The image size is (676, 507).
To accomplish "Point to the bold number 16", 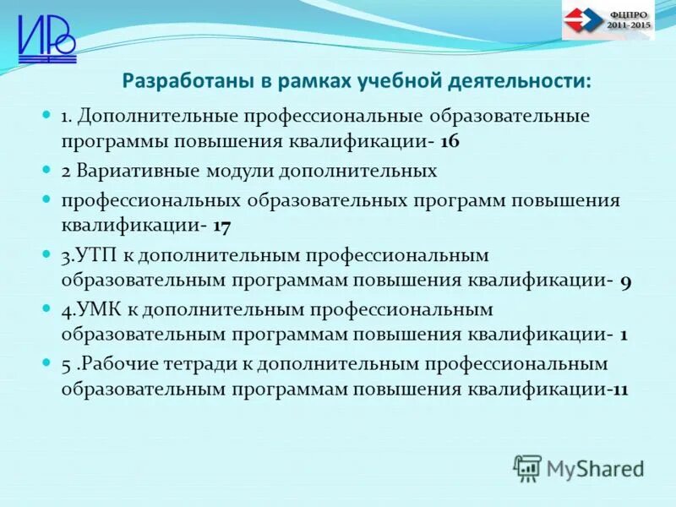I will pos(449,142).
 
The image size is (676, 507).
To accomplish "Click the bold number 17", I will pos(222,226).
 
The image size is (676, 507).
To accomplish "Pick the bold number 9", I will pos(625,281).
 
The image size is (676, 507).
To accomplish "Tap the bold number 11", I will pos(619,390).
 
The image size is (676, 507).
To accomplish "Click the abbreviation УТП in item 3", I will pos(94,254).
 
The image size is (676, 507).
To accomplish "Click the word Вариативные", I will pos(132,170).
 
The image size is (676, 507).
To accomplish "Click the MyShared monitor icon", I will pos(528,467).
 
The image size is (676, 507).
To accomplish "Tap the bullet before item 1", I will pos(47,114).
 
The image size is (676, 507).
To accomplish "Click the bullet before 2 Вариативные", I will pos(47,169).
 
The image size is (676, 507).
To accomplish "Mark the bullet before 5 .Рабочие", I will pos(47,362).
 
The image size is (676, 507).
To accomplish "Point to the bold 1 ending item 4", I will pos(624,335).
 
